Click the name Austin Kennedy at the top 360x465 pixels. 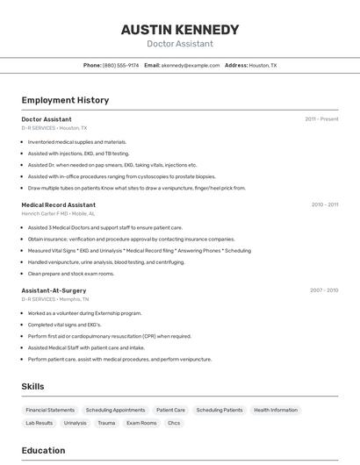179,30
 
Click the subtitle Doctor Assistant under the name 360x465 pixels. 179,44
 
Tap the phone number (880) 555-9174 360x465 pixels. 120,65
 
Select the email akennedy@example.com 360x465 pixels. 190,65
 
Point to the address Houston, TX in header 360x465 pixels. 263,65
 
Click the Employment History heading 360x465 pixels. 65,100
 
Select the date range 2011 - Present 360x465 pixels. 321,118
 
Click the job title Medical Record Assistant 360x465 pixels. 58,204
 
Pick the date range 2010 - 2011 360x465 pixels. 324,204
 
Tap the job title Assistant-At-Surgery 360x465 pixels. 54,290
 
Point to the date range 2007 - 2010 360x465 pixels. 324,290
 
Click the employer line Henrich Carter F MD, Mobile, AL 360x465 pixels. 58,213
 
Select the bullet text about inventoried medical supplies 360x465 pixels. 77,142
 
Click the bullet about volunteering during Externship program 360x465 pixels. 84,313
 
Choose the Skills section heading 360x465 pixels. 32,386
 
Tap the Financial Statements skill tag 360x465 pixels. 50,410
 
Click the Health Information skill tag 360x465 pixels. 276,410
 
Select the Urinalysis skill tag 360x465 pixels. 76,423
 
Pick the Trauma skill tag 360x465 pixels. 106,423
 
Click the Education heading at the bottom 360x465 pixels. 43,451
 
